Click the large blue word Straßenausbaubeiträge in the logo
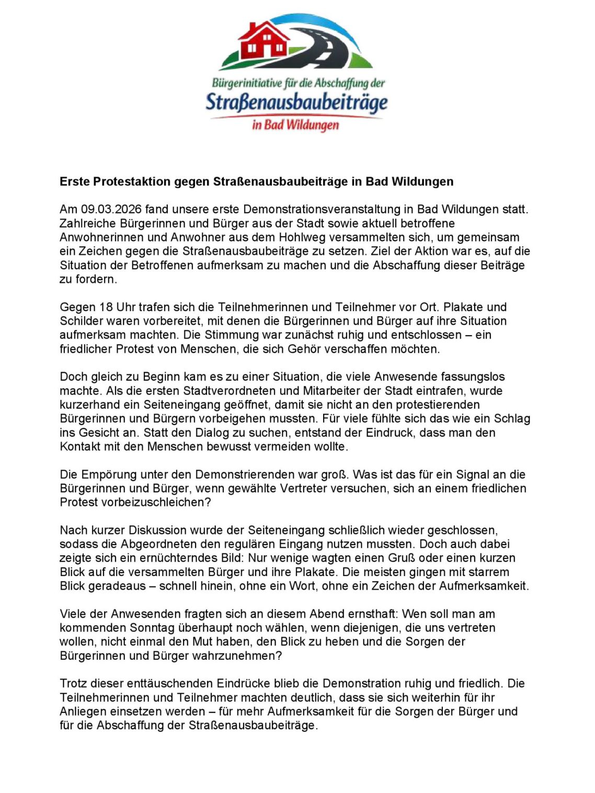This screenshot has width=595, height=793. coord(296,102)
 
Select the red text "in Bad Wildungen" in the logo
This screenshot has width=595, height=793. coord(295,125)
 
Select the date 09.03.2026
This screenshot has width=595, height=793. coord(111,210)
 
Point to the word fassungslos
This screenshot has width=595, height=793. coord(473,377)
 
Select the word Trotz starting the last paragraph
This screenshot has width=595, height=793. coord(73,684)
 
